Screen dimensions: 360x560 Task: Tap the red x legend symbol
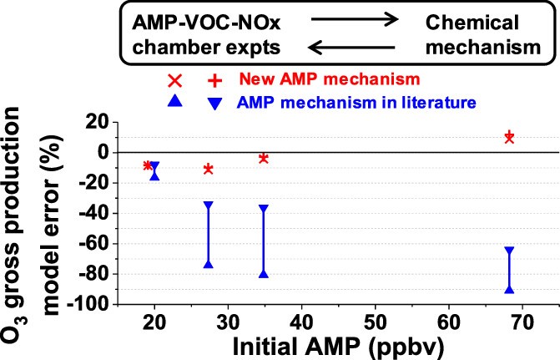pyautogui.click(x=174, y=81)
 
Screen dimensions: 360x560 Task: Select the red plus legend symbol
pyautogui.click(x=214, y=81)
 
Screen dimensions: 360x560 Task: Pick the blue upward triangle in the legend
pyautogui.click(x=174, y=102)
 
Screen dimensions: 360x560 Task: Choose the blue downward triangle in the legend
pyautogui.click(x=214, y=103)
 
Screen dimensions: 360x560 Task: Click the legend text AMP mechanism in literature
pyautogui.click(x=357, y=102)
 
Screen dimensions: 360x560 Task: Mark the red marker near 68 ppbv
pyautogui.click(x=509, y=137)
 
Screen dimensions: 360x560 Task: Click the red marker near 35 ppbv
pyautogui.click(x=263, y=159)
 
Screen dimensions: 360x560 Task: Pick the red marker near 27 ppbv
pyautogui.click(x=209, y=170)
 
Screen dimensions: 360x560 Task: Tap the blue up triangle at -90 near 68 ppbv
pyautogui.click(x=509, y=289)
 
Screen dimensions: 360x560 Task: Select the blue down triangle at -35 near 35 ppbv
pyautogui.click(x=264, y=208)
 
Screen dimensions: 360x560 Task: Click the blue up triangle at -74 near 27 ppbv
pyautogui.click(x=209, y=264)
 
